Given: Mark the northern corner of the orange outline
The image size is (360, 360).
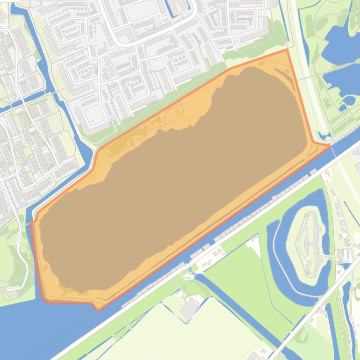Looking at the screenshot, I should pos(287,50).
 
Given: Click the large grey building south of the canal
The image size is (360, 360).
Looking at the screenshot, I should pos(190,308).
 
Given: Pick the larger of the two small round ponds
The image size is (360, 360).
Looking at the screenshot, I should pos(348,100).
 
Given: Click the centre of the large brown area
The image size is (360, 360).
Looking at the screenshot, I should pos(178,178).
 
